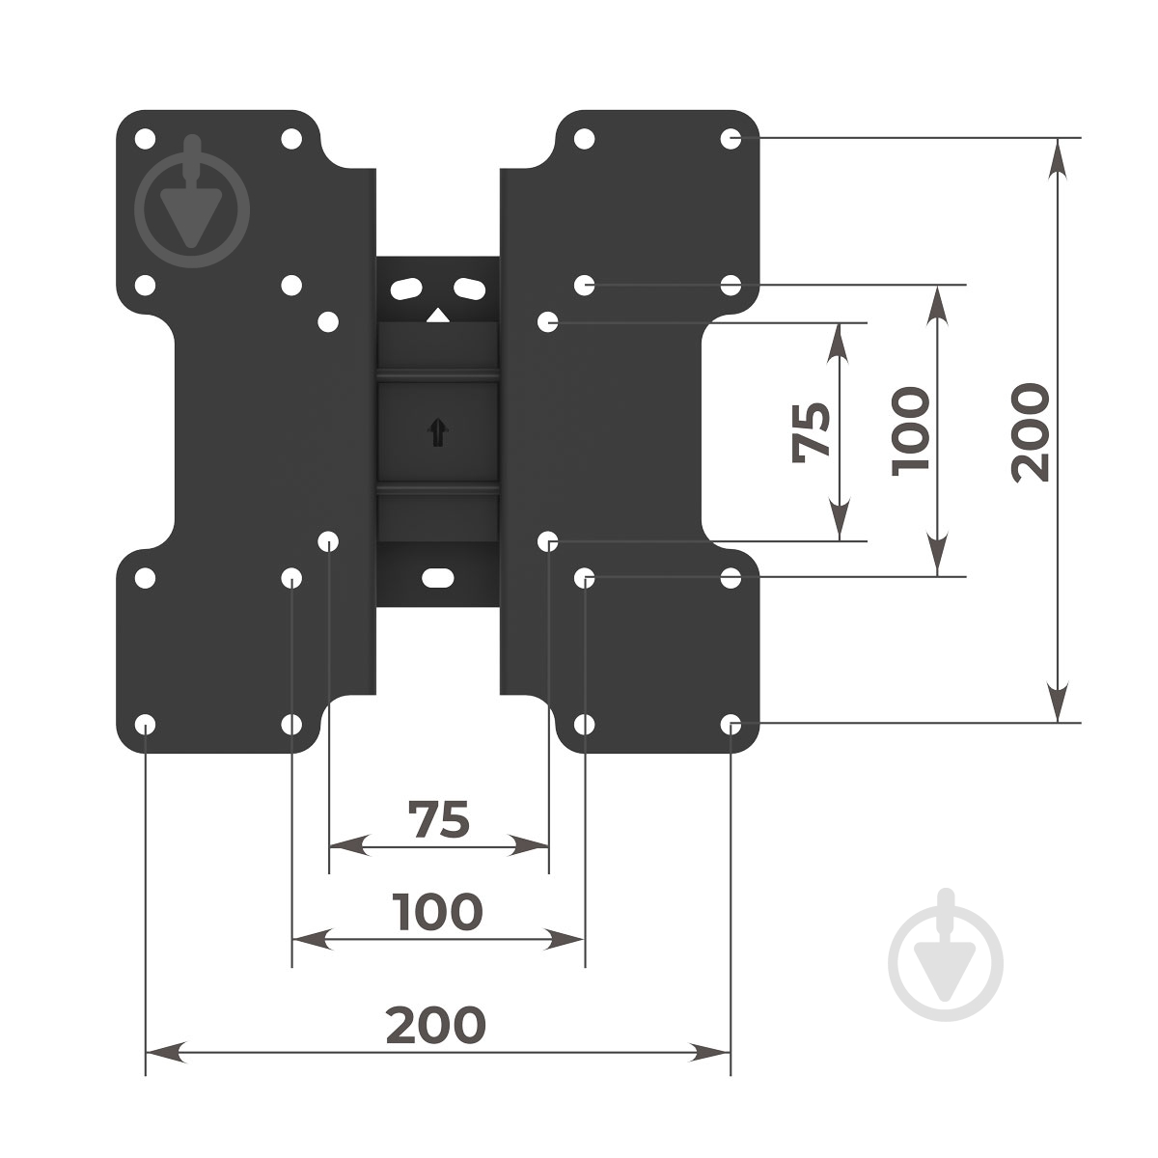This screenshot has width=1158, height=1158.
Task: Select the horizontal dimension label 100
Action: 437,912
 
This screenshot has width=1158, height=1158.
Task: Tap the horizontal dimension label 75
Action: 438,819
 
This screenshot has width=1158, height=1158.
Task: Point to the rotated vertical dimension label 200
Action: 1030,432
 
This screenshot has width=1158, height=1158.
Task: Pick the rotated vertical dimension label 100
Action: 910,431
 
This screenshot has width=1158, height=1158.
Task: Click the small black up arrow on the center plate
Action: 438,431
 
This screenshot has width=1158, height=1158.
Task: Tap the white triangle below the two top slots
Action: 437,315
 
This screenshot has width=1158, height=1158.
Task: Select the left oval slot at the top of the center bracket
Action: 407,289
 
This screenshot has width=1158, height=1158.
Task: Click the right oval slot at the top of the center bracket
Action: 469,289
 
